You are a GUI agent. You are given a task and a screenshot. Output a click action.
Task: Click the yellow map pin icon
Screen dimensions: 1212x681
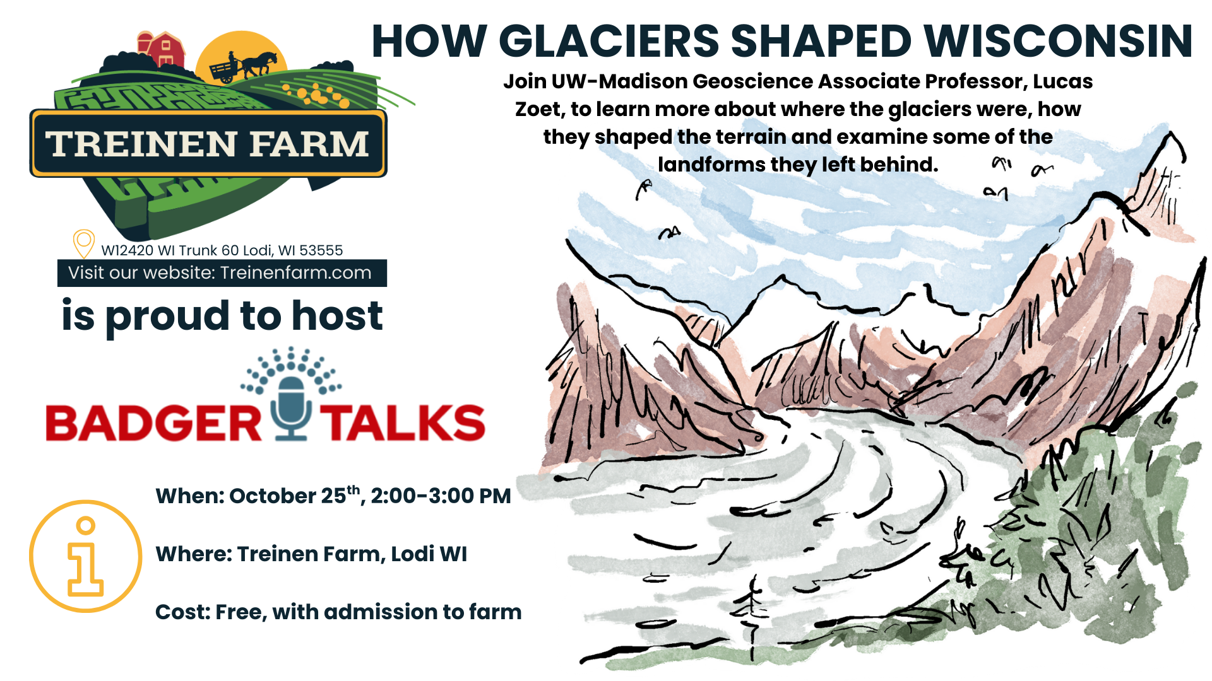[x=83, y=243]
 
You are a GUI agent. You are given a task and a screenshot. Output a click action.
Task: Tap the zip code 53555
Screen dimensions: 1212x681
[x=321, y=250]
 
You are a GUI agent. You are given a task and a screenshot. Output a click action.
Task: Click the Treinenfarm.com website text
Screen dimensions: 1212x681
[x=295, y=273]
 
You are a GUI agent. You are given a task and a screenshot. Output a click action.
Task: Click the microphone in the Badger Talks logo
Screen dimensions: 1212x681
[x=291, y=407]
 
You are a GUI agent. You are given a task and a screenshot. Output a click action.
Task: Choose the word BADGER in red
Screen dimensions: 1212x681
[x=153, y=422]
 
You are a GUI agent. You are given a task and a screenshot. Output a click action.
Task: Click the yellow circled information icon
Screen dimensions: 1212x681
[x=86, y=556]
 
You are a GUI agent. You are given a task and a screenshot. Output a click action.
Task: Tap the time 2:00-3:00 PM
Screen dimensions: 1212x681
[x=441, y=496]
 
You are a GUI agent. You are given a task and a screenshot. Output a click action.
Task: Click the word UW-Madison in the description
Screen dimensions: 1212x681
[x=619, y=81]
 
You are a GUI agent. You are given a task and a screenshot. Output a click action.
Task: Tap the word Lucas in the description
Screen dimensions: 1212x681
[x=1063, y=81]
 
